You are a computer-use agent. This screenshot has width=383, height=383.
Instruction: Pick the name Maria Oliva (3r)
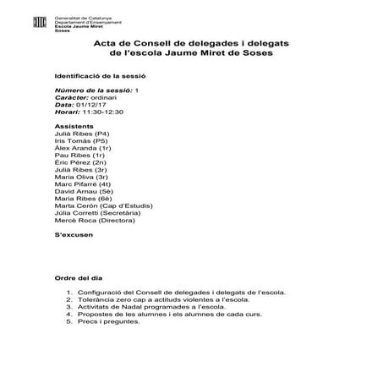[84, 176]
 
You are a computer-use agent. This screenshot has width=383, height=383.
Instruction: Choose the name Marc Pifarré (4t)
[83, 183]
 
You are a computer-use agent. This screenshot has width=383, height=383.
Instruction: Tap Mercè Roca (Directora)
[96, 221]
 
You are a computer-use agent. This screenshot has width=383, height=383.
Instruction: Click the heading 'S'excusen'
[73, 235]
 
